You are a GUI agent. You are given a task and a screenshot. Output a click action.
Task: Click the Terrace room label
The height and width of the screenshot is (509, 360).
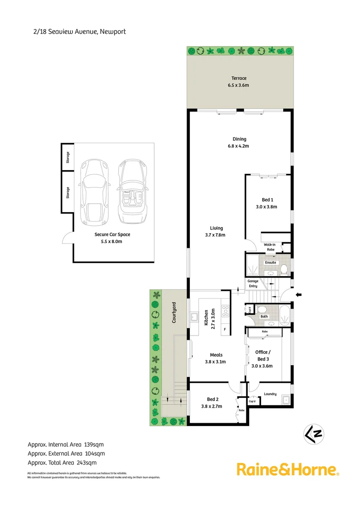[238, 78]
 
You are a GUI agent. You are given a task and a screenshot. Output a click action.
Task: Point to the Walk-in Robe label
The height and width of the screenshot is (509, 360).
[270, 247]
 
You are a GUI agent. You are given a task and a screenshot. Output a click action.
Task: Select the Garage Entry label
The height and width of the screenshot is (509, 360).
[253, 284]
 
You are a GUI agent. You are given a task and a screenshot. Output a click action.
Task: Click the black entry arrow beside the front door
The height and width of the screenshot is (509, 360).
[299, 295]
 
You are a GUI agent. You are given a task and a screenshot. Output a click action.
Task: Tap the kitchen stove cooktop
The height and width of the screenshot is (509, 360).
[226, 311]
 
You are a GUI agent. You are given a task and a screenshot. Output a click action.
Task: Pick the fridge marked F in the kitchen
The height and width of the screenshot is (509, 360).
[225, 329]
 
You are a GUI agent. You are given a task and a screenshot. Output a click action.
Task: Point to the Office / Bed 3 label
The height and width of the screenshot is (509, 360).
[262, 355]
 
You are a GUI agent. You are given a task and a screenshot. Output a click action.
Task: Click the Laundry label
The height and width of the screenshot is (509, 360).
[270, 394]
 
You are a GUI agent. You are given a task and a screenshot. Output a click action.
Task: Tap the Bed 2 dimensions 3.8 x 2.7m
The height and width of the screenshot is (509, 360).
[212, 406]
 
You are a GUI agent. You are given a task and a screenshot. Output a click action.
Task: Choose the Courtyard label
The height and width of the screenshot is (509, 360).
[174, 312]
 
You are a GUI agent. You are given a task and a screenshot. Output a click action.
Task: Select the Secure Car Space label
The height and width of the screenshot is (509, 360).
[112, 234]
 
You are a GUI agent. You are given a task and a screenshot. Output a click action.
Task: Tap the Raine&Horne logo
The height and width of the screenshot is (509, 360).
[287, 469]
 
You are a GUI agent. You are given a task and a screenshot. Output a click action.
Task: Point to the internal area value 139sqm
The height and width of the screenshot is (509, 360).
[94, 444]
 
